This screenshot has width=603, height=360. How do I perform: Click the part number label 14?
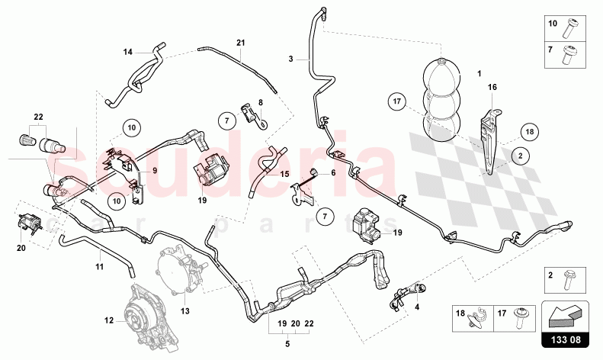128,52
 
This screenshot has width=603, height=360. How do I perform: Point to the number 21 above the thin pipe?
240,43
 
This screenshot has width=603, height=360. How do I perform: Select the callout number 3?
290,59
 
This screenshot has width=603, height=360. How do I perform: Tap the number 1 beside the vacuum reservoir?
479,75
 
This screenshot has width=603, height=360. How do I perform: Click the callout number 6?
333,174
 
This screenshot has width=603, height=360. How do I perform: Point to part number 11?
99,267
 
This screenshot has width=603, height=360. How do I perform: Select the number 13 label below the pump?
184,311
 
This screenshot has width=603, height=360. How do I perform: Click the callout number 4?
417,308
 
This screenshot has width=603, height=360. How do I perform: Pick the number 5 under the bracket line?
287,344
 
